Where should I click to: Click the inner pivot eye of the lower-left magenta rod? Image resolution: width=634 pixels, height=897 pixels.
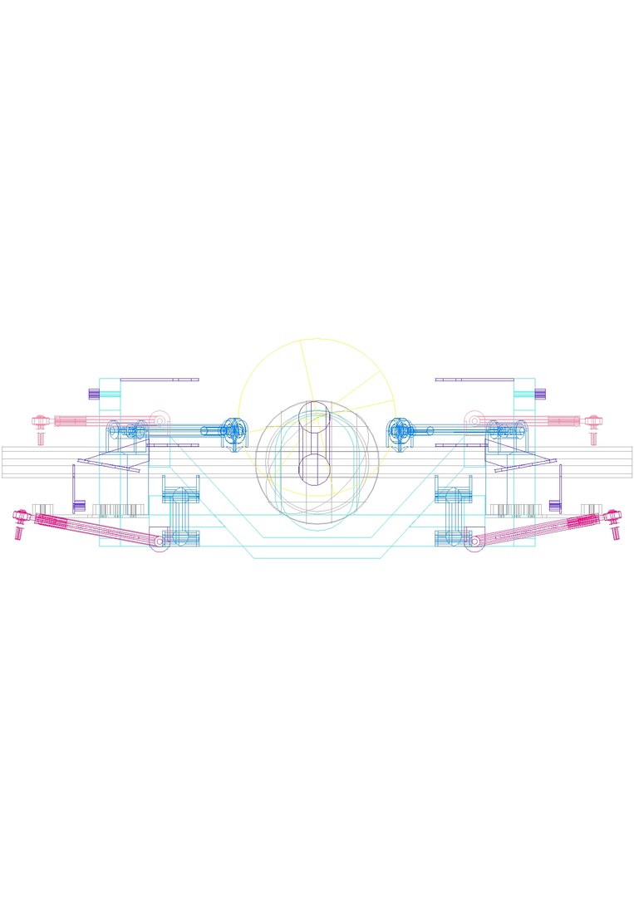pos(159,542)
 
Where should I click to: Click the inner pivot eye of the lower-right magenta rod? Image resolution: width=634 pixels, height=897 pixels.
pos(474,542)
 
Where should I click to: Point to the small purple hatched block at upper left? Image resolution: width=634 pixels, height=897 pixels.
pos(94,394)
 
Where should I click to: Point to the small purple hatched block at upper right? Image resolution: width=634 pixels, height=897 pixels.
pos(539,394)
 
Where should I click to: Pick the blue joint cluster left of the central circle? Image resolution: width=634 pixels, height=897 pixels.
pos(234,431)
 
